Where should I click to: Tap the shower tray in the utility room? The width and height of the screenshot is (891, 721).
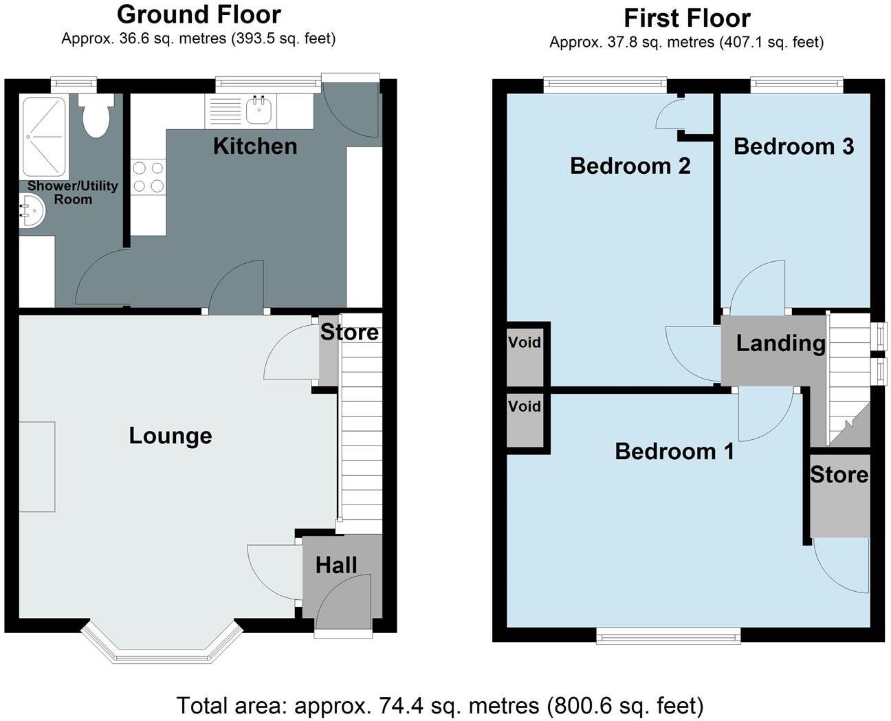pos(44,137)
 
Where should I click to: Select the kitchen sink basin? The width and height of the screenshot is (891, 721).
pos(260,111)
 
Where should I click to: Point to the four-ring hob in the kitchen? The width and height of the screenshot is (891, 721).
pos(148,177)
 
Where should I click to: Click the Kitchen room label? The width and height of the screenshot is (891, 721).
pos(254,146)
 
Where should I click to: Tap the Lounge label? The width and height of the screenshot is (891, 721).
pos(170,436)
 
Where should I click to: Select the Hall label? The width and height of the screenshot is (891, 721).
pos(336,565)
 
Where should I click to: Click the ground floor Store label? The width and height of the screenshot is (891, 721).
pos(349,333)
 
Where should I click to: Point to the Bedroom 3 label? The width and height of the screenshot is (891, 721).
pos(793,146)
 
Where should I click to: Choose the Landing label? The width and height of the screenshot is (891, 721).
pos(780,343)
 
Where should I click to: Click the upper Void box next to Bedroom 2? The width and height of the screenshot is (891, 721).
pos(525,342)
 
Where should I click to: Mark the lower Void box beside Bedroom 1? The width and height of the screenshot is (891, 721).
pos(525,406)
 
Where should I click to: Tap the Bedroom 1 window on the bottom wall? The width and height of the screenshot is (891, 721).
pos(668,636)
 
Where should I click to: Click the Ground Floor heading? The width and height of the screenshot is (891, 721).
pos(199,14)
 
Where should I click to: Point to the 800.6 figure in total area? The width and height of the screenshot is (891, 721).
pos(575,705)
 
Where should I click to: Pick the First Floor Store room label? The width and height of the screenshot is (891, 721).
pos(839,475)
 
